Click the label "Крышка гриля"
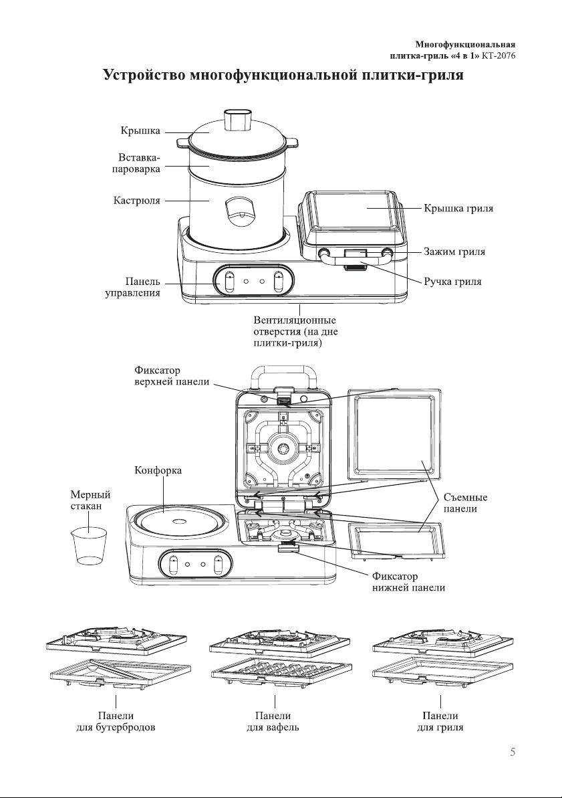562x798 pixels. [x=458, y=209]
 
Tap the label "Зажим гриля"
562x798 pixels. [x=454, y=252]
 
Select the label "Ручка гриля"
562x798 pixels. [x=452, y=282]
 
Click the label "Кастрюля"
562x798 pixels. [x=136, y=200]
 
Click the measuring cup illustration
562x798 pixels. [x=89, y=546]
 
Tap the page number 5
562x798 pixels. [x=513, y=751]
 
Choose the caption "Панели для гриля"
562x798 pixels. [x=440, y=722]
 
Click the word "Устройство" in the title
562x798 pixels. [x=143, y=75]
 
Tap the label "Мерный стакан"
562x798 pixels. [x=90, y=500]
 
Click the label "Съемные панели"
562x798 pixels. [x=465, y=503]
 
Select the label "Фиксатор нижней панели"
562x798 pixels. [x=408, y=582]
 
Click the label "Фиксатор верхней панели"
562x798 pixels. [x=172, y=376]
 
